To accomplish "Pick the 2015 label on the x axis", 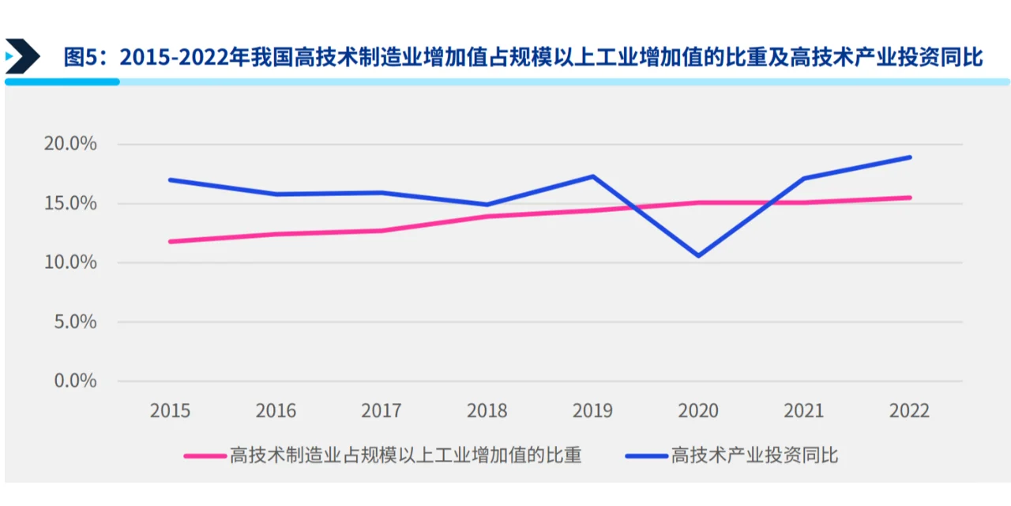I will [x=171, y=411].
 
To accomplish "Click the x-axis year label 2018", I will [x=487, y=411].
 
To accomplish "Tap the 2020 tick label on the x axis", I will [x=698, y=411].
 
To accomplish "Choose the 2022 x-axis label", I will [x=910, y=411].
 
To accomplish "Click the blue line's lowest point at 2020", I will [x=698, y=255].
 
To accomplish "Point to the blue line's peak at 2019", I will [x=593, y=176].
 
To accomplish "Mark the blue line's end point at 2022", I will [x=910, y=157].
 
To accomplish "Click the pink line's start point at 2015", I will [x=171, y=241].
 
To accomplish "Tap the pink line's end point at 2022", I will [x=910, y=198].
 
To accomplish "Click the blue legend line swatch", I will [x=645, y=456].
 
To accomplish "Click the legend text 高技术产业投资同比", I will [x=754, y=456].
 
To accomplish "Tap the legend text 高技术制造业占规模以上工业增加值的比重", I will [x=405, y=456].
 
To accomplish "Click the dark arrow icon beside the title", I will [x=22, y=56].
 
